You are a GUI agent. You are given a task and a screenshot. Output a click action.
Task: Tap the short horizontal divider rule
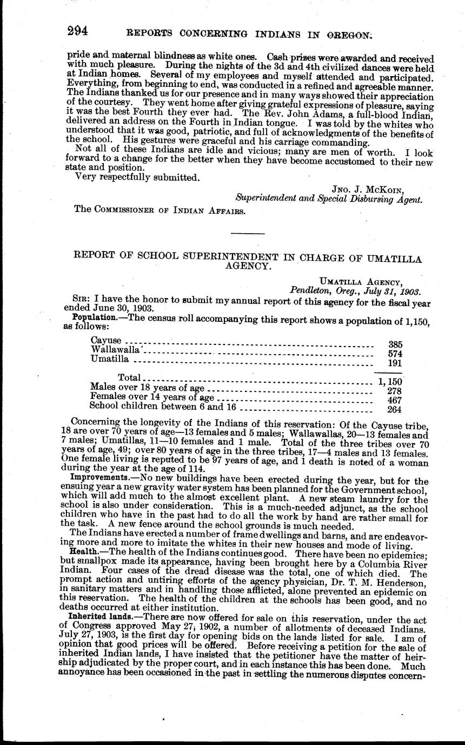coord(248,233)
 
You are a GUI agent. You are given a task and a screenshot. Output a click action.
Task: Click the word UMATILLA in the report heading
coord(391,259)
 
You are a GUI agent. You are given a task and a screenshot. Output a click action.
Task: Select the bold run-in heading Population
coord(91,317)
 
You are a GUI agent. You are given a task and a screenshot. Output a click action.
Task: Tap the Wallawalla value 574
coord(396,354)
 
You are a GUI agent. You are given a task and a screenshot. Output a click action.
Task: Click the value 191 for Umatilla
coord(396,363)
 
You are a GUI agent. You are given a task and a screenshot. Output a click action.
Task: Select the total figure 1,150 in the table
coord(391,381)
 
